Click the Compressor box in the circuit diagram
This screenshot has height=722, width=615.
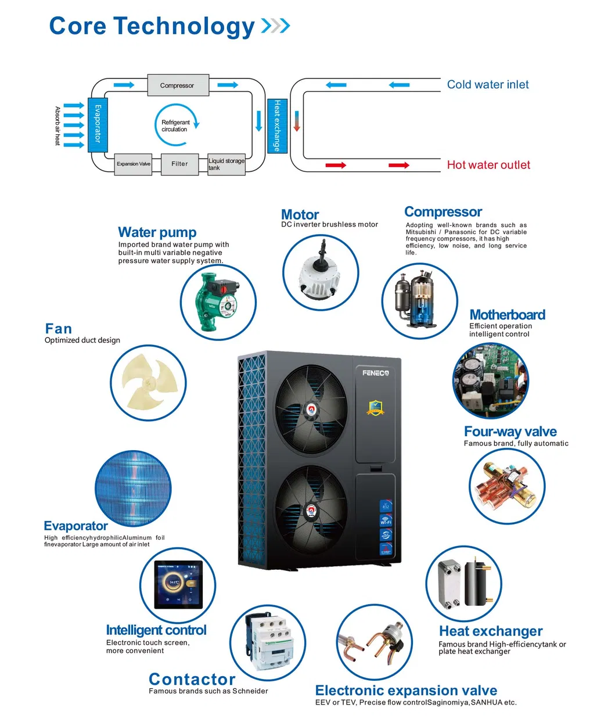click(x=178, y=85)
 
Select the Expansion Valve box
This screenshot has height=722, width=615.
click(x=133, y=164)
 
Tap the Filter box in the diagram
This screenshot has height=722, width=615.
click(x=179, y=164)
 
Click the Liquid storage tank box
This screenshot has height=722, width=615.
click(x=226, y=164)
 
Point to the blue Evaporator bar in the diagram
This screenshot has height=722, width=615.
click(x=98, y=124)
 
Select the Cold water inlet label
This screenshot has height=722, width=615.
click(x=487, y=85)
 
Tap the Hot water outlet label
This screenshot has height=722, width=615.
click(x=488, y=165)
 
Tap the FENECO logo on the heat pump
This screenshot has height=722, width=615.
click(x=375, y=373)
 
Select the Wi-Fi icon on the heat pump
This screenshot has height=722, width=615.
click(x=386, y=520)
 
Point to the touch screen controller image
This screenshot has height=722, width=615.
click(x=178, y=584)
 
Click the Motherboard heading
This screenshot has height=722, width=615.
click(x=507, y=315)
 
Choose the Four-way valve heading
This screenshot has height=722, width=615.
click(x=510, y=432)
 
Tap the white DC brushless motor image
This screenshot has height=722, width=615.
click(x=321, y=273)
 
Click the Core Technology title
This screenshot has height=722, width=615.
click(x=152, y=26)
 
